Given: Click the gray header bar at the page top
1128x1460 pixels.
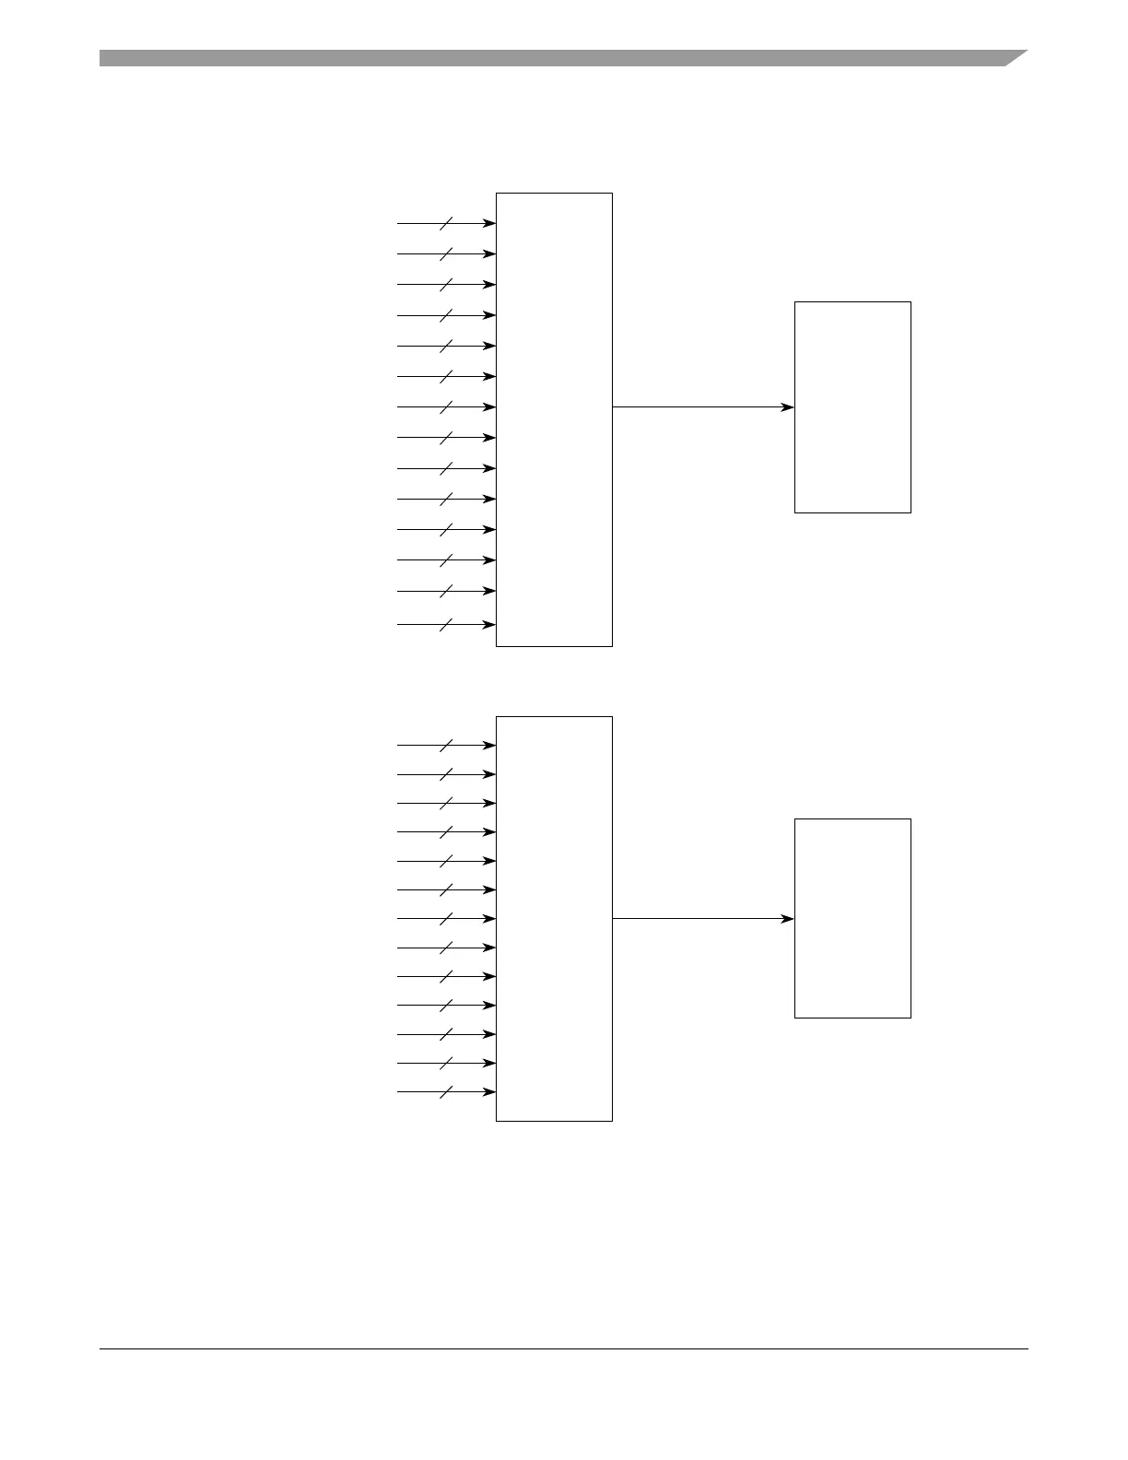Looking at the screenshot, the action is pos(553,58).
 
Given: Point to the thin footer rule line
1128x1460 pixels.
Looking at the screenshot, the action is pos(563,1349).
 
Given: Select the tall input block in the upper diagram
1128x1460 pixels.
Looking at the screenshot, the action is pos(554,419).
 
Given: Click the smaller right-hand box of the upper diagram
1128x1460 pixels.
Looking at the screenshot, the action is pos(852,406).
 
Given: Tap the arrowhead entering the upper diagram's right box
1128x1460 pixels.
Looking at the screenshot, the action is pos(787,406).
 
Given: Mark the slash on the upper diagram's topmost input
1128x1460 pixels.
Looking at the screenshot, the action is pos(446,223).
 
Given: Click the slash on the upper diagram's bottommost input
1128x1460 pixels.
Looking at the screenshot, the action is pos(446,624).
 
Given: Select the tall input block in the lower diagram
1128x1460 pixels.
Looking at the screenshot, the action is pos(554,918).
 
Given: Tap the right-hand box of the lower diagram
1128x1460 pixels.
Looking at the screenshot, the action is pos(852,918).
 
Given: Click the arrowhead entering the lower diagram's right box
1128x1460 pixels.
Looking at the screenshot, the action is pos(787,918).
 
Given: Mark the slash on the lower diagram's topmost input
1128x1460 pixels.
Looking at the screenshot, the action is pos(446,745).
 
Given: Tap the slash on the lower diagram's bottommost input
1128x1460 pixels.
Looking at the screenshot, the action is pos(446,1092).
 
